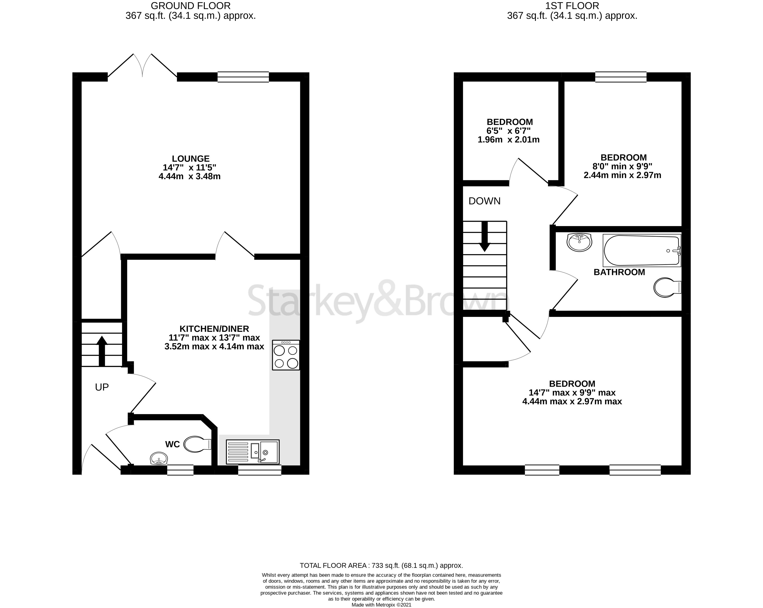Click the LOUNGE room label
click(x=191, y=159)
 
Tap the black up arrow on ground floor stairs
click(x=102, y=350)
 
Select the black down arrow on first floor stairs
click(x=484, y=236)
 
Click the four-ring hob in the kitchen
click(x=286, y=355)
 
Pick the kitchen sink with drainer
click(x=253, y=452)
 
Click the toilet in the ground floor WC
click(x=197, y=444)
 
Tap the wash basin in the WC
click(x=159, y=459)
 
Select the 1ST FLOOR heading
click(x=572, y=6)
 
